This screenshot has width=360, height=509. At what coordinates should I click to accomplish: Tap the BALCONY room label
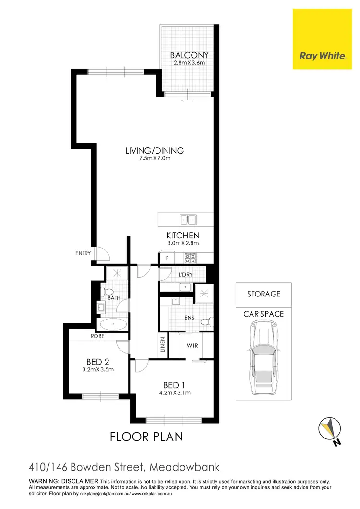click(189, 55)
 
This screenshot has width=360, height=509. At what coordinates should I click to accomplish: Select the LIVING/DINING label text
click(155, 151)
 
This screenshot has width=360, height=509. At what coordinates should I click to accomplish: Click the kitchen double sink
click(188, 220)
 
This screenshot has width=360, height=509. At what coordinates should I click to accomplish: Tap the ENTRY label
click(83, 253)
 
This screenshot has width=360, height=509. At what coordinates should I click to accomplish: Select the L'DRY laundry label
click(185, 275)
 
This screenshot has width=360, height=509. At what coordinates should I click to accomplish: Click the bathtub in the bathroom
click(113, 324)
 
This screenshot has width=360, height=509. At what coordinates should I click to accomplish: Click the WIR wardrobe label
click(192, 346)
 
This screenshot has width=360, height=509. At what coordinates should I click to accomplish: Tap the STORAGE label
click(264, 294)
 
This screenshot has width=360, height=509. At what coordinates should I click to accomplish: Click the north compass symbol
click(330, 429)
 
